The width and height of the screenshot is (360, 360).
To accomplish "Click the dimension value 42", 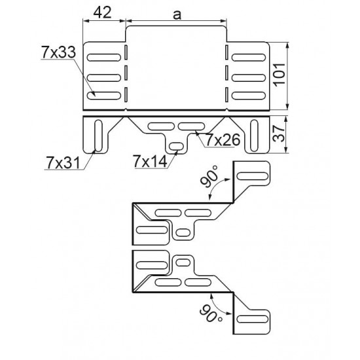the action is point(102,12).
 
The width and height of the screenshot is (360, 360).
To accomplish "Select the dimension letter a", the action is point(177,14).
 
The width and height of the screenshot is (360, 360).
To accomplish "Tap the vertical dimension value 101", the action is point(279,75).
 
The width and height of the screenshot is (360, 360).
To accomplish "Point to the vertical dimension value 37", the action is point(279,134).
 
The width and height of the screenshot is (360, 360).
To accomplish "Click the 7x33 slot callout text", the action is point(58,52).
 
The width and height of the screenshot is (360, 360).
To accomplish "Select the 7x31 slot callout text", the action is point(63,163).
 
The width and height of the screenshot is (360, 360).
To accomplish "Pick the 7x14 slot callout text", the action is point(150,162).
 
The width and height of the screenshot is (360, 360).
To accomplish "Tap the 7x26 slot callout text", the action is point(223,139).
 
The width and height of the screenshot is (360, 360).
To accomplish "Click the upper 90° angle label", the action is point(209,176).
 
